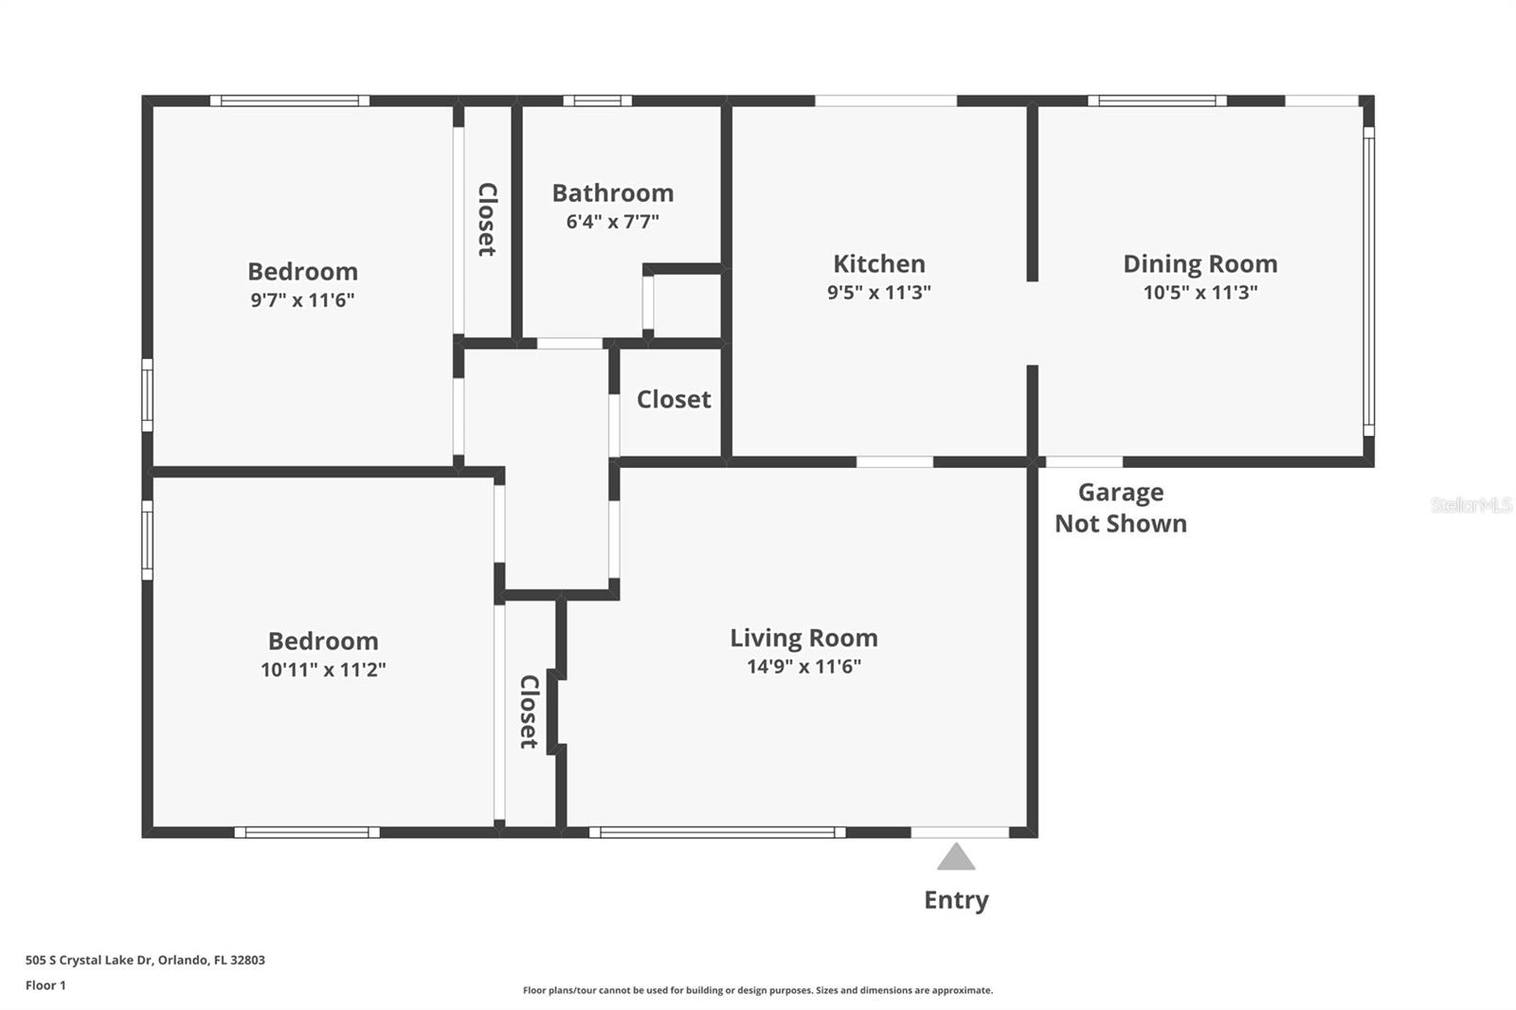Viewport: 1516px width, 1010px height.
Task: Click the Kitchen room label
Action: click(878, 263)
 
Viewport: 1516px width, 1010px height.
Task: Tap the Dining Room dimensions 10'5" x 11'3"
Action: click(1200, 293)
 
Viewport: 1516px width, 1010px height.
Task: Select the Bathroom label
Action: click(612, 193)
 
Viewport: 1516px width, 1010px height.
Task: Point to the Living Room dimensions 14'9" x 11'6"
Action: click(803, 666)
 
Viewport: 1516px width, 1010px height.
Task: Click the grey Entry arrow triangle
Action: click(956, 857)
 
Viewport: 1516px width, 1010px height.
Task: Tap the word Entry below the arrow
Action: click(956, 900)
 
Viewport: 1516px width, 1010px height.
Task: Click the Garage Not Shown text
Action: click(1120, 508)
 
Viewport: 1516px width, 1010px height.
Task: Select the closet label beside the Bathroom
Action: click(486, 220)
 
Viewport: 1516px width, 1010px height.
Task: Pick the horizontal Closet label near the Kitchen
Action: click(673, 400)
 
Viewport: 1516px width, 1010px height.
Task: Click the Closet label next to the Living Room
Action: click(529, 712)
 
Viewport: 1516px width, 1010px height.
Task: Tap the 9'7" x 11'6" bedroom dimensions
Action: click(302, 300)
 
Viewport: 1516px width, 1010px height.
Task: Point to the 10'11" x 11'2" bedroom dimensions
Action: click(323, 670)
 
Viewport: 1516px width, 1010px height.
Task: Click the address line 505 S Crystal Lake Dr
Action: click(145, 960)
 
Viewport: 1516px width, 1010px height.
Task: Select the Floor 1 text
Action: click(45, 985)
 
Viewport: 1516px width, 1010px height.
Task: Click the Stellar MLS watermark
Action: click(1471, 505)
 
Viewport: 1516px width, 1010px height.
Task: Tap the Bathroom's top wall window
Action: click(597, 100)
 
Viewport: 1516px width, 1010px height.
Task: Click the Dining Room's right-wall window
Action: click(1368, 281)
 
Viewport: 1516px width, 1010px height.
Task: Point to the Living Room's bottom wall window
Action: click(717, 833)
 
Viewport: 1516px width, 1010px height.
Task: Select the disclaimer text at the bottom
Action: click(758, 990)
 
